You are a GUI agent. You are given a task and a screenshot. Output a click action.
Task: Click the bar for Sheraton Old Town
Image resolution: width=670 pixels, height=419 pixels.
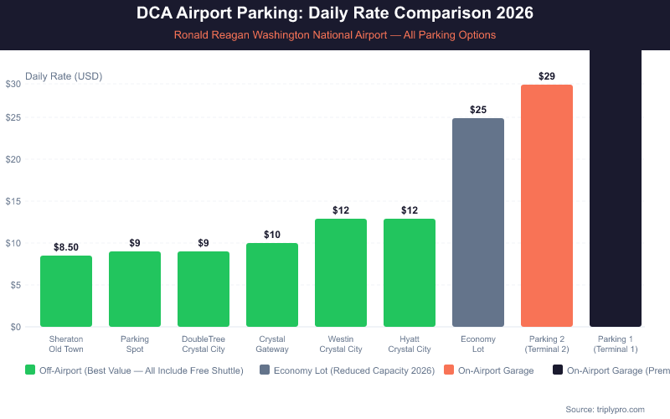point(66,291)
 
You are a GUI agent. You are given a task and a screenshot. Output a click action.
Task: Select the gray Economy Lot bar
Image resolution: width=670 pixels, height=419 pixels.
point(478,222)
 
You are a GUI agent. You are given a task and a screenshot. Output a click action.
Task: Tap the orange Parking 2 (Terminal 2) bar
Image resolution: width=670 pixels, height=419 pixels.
point(547,205)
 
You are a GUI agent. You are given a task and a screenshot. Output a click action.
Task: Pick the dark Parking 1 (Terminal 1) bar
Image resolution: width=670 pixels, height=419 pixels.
point(616,189)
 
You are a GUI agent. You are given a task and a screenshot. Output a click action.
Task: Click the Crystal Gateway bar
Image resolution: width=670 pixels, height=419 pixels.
point(272,285)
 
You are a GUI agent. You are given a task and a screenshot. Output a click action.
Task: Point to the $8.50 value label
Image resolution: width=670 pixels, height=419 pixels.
point(66,247)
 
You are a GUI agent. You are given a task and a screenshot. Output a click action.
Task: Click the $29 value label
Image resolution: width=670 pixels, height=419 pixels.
point(547,76)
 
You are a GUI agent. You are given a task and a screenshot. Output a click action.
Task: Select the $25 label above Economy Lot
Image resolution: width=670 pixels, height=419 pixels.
point(478,110)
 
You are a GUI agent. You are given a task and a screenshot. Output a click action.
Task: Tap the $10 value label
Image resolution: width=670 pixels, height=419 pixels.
point(272,235)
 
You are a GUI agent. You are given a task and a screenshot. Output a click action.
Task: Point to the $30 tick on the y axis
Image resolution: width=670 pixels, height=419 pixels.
point(13,84)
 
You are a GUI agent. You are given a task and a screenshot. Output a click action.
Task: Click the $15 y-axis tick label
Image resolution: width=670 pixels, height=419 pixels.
point(13,201)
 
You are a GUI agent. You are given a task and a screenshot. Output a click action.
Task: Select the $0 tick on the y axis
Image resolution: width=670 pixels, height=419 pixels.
point(16,327)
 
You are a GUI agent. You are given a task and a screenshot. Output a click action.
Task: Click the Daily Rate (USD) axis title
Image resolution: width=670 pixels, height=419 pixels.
point(64,76)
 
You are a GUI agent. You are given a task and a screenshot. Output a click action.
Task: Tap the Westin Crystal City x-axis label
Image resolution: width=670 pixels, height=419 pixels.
point(341,344)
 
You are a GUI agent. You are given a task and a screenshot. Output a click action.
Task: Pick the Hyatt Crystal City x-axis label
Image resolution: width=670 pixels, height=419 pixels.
point(410,344)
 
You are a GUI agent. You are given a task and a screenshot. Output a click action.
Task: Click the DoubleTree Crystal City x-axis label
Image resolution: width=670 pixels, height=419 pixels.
point(204,344)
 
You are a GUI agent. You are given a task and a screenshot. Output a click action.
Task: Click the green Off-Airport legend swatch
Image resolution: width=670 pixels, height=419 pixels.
point(31,370)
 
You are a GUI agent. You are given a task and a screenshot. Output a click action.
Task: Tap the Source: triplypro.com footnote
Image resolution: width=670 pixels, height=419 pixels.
point(605,409)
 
